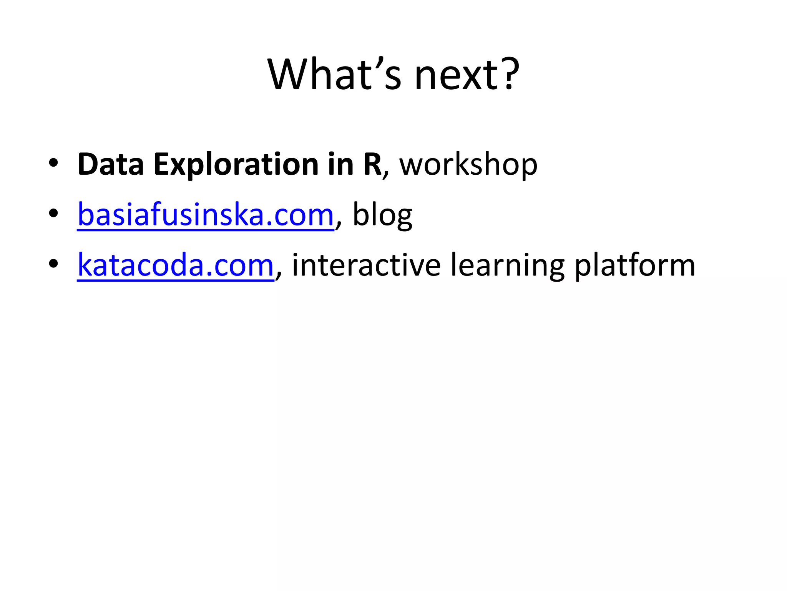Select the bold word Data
(x=111, y=165)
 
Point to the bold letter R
(x=372, y=165)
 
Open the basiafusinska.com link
(x=206, y=215)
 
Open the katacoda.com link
(x=176, y=265)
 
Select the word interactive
(x=366, y=265)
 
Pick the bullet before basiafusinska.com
(x=53, y=213)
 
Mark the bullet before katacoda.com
(x=53, y=264)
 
